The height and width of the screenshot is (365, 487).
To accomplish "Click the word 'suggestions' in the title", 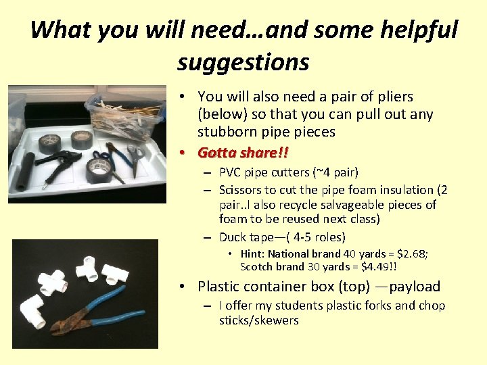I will (243, 62).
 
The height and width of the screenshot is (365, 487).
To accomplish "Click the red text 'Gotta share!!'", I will (247, 153).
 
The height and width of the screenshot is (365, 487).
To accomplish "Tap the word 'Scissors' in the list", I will (242, 190).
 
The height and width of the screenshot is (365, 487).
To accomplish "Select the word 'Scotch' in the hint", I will (256, 266).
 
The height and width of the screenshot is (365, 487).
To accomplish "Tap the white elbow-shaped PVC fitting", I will (28, 311).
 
